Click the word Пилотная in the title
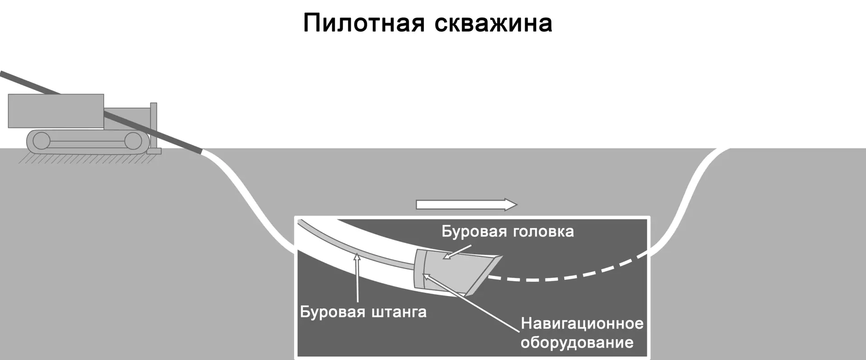pos(364,23)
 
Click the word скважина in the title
pos(493,23)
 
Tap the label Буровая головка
pos(507,231)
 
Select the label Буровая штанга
pos(363,312)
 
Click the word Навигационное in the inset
pos(582,323)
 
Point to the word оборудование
pos(577,342)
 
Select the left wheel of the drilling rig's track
pos(41,141)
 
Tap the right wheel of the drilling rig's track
pos(133,141)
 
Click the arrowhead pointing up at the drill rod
pos(357,258)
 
